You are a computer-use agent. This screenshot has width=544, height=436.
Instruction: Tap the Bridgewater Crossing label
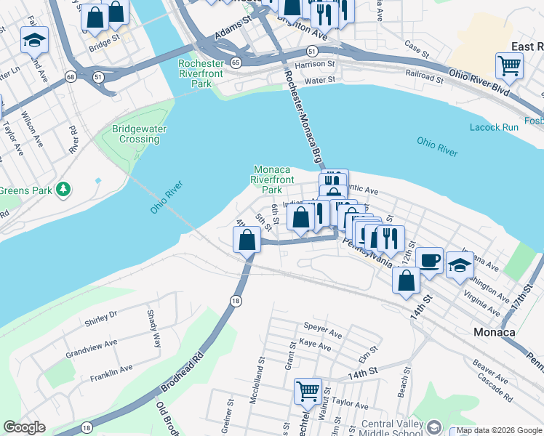point(139,134)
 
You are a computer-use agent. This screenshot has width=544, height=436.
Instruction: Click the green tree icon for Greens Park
point(64,190)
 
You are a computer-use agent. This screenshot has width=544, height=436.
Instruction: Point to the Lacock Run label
point(495,127)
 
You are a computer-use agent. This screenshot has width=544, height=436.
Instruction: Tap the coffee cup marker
point(429,259)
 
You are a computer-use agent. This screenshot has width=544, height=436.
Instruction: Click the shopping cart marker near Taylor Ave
point(308,391)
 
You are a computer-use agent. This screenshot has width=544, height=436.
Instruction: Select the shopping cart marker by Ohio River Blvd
point(509,65)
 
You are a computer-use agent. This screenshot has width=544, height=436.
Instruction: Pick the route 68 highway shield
point(70,76)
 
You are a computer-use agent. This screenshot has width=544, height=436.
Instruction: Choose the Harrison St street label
point(316,64)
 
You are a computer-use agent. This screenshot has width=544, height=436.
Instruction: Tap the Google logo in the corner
point(24,427)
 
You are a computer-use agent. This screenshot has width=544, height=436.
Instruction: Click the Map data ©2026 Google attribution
point(499,430)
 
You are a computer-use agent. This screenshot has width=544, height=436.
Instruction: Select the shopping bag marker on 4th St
point(248,239)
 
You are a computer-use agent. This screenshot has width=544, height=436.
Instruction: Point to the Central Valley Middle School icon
point(434,426)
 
